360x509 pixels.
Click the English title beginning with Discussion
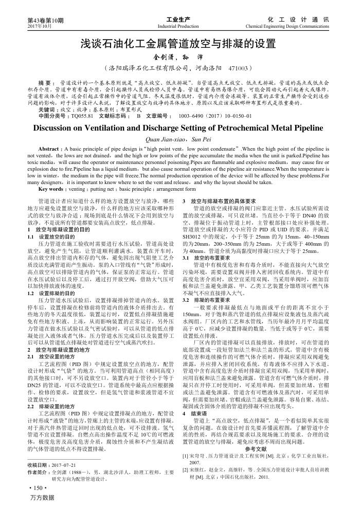pos(179,128)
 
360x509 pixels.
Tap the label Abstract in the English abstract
pos(49,149)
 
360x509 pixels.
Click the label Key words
pos(52,189)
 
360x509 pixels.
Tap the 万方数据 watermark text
pos(42,498)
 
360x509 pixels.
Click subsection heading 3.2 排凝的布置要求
pos(207,299)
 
